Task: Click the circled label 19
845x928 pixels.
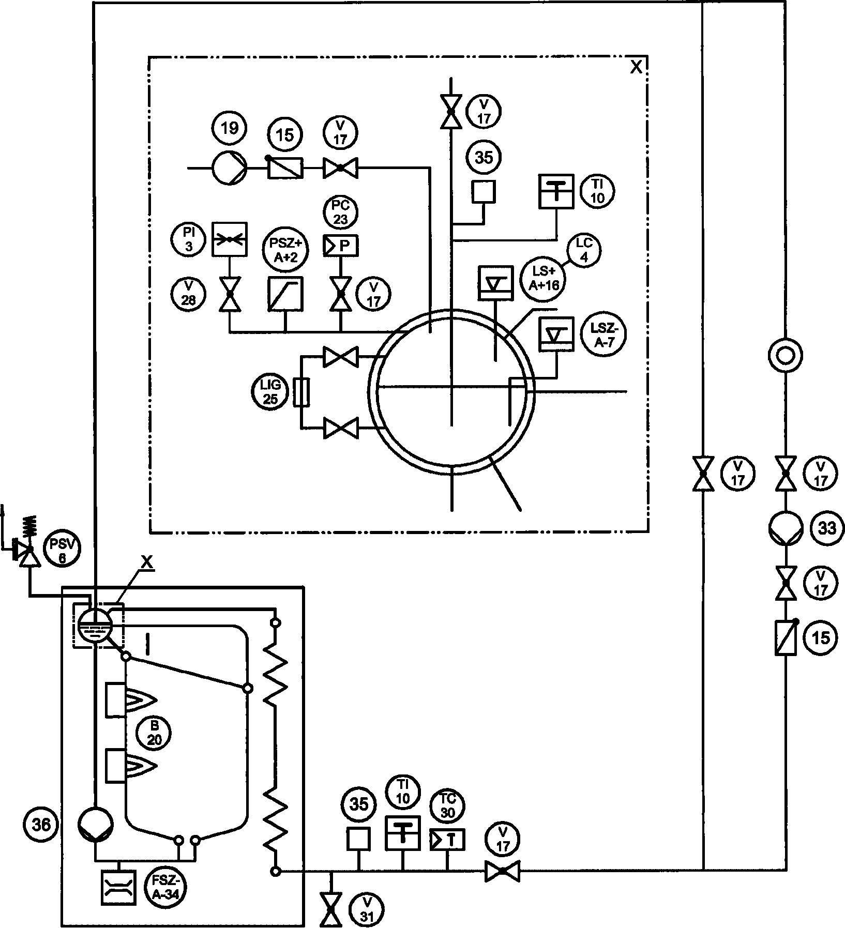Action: (229, 128)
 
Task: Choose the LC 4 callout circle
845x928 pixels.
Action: (585, 251)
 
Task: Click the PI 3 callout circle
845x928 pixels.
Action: (188, 240)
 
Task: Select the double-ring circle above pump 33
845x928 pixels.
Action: (785, 356)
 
